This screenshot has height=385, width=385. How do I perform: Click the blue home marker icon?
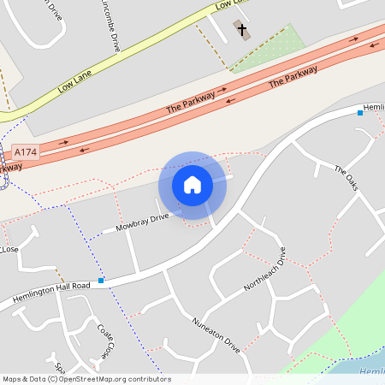point(192,185)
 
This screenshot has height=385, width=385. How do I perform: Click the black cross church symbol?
point(242,31)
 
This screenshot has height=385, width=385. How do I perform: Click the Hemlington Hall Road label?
point(51,291)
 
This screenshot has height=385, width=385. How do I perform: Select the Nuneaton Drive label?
point(215,335)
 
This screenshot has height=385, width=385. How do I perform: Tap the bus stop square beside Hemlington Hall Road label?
point(101,280)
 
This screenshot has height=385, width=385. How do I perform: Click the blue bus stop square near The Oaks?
point(359,112)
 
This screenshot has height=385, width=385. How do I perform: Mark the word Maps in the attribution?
point(12,378)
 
